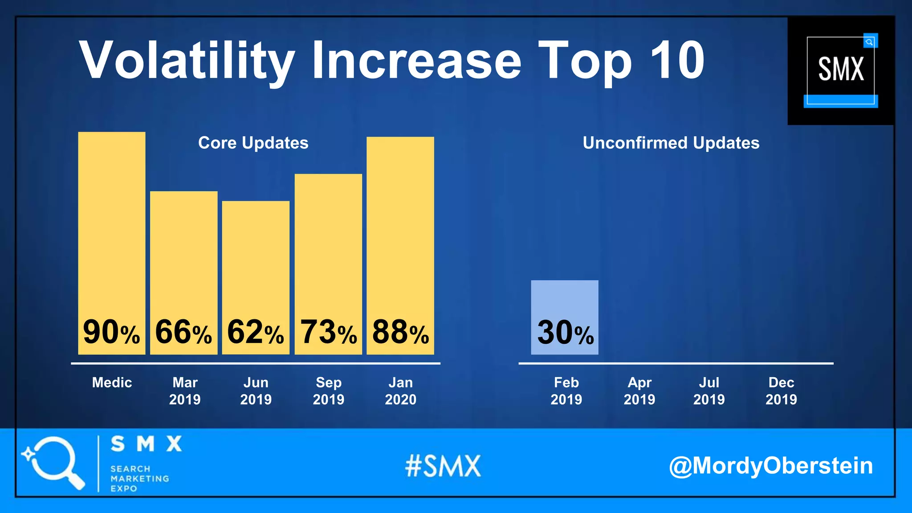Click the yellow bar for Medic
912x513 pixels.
pos(111,223)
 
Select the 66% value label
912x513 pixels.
pos(183,332)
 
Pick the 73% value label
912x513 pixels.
pos(328,332)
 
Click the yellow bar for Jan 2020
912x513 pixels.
pos(400,223)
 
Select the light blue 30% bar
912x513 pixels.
pos(564,303)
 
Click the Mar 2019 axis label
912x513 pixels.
pos(185,391)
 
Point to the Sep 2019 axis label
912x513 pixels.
pos(329,391)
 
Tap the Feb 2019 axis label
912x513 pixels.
pos(566,391)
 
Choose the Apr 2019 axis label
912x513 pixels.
pos(639,391)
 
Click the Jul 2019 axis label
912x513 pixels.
pos(709,391)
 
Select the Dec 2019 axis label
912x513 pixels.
pos(781,391)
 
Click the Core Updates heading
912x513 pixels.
pos(253,143)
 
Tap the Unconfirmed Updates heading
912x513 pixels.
pos(671,143)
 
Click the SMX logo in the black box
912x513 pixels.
pos(841,70)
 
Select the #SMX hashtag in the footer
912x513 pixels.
pos(443,466)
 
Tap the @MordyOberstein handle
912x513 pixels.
pos(770,466)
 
